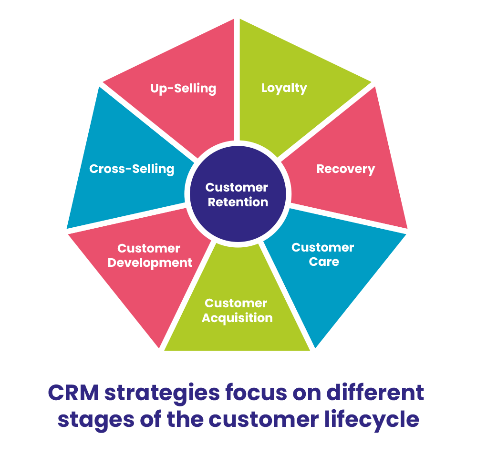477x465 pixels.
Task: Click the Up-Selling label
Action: coord(183,89)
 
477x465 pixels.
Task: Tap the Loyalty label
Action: coord(284,88)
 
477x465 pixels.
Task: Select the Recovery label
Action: coord(345,169)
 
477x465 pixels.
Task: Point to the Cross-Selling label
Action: coord(132,169)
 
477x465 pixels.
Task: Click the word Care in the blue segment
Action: coord(324,262)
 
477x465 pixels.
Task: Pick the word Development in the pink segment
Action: coord(150,263)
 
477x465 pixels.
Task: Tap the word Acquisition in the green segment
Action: coord(237,318)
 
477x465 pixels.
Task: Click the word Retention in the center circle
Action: coord(238,202)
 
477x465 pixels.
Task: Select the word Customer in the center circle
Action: coord(237,188)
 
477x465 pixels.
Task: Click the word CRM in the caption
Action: coord(73,393)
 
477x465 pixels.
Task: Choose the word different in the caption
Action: coord(375,392)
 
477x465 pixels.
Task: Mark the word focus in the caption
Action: coord(256,392)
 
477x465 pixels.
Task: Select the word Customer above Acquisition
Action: coord(236,303)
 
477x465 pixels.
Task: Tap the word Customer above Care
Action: coord(322,248)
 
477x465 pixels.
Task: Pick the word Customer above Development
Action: coord(149,249)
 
